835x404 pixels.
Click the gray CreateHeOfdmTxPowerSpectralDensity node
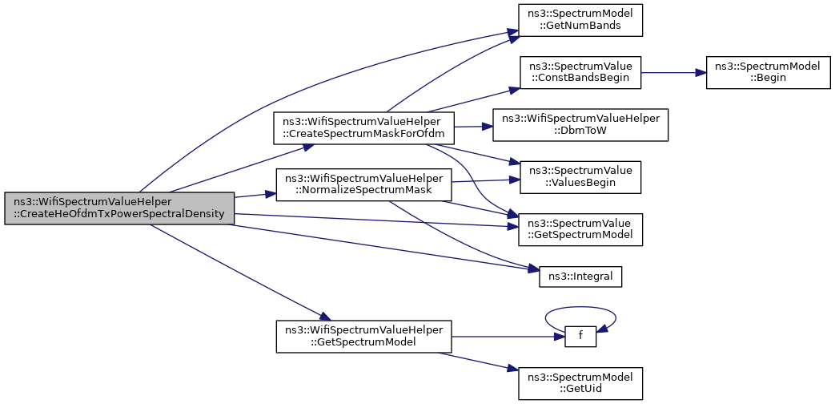(x=119, y=208)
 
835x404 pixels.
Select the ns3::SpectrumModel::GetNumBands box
(x=580, y=20)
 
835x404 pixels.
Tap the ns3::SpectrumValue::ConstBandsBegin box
(x=580, y=72)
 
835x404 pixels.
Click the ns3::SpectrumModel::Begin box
(x=768, y=72)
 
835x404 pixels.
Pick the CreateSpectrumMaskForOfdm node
(x=363, y=128)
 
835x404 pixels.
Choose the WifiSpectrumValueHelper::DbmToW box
(x=580, y=125)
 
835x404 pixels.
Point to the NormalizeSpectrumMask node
(x=363, y=184)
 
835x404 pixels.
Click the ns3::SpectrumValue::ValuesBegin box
(x=580, y=177)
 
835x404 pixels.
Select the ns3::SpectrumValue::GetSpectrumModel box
(x=580, y=229)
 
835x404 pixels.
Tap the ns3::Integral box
(x=580, y=277)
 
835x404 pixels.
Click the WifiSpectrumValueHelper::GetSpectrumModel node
(x=363, y=337)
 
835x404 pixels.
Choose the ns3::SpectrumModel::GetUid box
(x=580, y=383)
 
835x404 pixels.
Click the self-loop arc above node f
(x=580, y=307)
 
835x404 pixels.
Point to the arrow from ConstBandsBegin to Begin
(x=674, y=72)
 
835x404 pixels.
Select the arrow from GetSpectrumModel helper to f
(x=508, y=337)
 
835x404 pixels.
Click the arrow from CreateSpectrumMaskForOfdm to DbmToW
(x=473, y=127)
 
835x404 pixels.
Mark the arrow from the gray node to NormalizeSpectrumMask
(x=255, y=195)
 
